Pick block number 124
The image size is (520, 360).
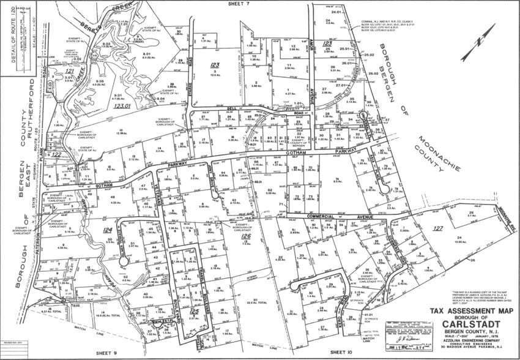point(108,231)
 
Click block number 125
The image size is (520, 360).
point(194,312)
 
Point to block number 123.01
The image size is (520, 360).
point(122,105)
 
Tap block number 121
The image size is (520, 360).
point(69,72)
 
